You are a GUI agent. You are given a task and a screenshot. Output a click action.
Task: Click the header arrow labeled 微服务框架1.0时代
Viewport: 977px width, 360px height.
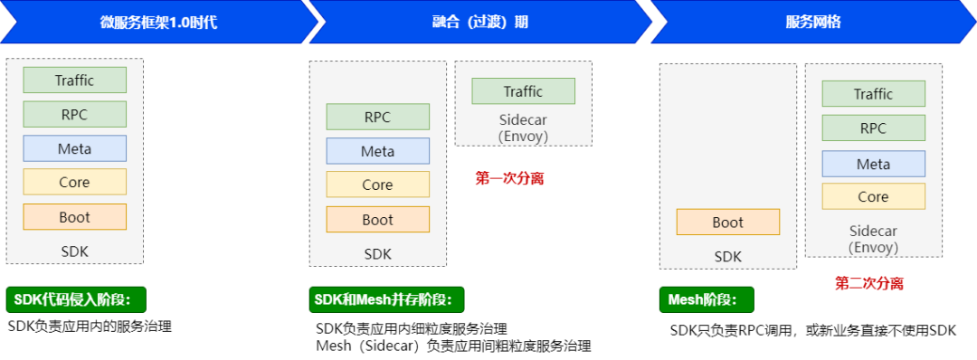tap(158, 23)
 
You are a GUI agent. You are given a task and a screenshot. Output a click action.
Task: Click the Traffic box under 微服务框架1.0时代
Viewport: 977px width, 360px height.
tap(74, 81)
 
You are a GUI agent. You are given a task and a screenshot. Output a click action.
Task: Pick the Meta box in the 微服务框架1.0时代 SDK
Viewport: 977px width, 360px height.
tap(74, 148)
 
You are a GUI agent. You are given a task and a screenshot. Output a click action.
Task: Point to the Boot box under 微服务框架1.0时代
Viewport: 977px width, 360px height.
tap(74, 217)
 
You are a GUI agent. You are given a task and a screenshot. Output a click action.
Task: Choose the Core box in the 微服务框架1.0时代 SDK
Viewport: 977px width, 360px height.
tap(74, 183)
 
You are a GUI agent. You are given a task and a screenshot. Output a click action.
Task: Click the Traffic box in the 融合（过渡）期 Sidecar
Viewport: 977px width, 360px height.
tap(523, 91)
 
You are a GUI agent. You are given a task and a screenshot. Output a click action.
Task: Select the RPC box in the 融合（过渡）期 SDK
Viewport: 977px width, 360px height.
tap(377, 117)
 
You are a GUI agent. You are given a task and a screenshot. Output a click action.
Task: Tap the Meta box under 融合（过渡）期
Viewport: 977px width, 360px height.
tap(377, 151)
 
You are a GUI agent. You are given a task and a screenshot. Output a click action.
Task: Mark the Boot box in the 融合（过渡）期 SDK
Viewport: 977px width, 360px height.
tap(377, 220)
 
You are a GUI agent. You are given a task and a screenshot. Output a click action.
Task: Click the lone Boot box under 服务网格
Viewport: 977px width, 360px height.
tap(727, 223)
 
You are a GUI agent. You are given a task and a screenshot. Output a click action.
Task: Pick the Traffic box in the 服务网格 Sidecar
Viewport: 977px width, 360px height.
tap(873, 94)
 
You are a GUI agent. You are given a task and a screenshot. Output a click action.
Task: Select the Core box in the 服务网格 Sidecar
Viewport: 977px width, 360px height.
tap(873, 196)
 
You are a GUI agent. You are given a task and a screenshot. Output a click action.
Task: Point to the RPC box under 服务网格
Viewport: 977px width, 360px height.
tap(873, 128)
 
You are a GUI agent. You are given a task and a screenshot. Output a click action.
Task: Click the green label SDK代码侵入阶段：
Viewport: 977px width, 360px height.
tap(76, 300)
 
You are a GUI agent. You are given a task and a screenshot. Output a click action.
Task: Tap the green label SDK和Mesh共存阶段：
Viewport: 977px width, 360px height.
tap(386, 300)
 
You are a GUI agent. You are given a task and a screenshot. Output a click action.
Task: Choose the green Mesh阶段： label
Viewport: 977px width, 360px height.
tap(706, 300)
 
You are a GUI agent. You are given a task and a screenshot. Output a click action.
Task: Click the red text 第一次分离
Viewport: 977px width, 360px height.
tap(509, 179)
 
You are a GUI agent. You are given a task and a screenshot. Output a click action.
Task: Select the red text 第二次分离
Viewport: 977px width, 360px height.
tap(868, 284)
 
